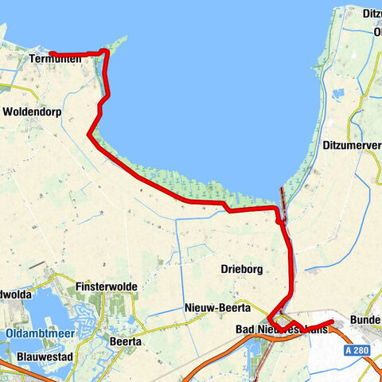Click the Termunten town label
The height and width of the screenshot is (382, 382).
click(53, 60)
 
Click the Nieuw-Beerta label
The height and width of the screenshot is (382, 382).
click(217, 308)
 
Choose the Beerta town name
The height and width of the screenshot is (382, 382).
click(123, 341)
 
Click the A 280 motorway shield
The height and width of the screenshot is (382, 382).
click(359, 350)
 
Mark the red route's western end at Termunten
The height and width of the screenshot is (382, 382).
click(51, 54)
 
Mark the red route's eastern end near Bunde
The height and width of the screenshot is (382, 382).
click(331, 322)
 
